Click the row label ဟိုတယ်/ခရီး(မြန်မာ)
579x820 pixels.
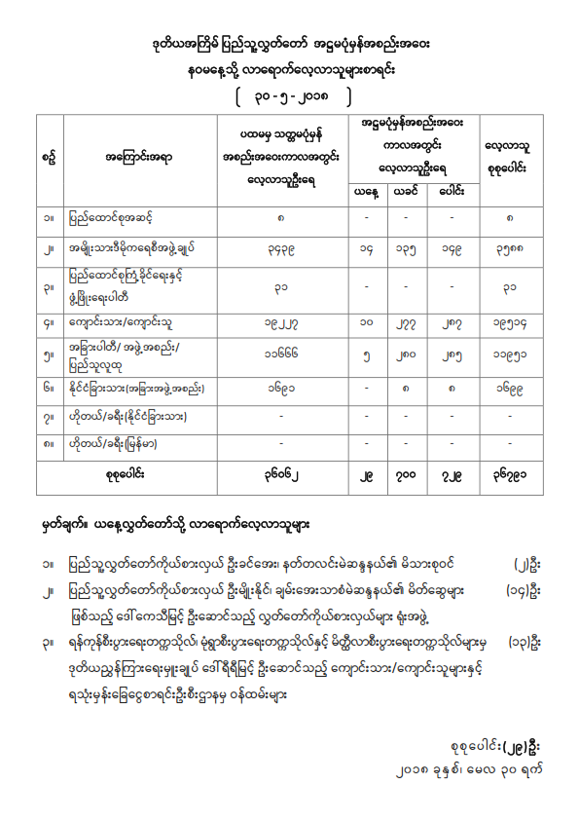(123, 445)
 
